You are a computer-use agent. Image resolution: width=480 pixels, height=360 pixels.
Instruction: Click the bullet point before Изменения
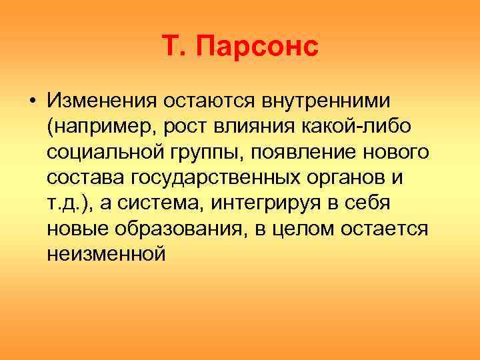(32, 102)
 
